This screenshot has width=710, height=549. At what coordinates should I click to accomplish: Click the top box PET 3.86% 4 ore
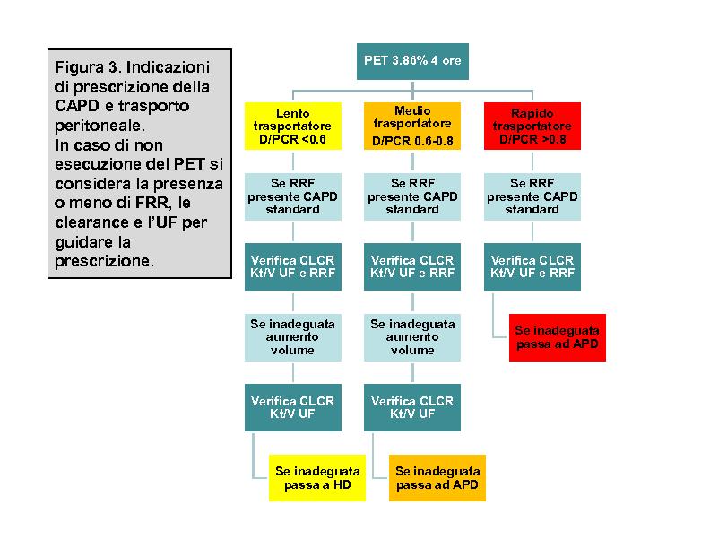[x=412, y=61]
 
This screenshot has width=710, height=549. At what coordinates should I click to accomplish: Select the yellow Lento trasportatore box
[x=293, y=126]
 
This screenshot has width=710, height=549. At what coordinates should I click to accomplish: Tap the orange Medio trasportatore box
[x=412, y=126]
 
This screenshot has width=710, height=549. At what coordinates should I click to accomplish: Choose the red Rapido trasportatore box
[x=532, y=126]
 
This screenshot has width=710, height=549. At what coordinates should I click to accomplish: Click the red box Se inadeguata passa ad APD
[x=558, y=337]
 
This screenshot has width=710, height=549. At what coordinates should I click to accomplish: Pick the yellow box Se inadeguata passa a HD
[x=317, y=478]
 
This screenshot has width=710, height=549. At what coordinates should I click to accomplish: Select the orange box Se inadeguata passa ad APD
[x=437, y=478]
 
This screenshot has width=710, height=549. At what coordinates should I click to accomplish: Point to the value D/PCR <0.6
[x=292, y=139]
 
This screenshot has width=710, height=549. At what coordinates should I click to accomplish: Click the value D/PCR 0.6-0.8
[x=412, y=142]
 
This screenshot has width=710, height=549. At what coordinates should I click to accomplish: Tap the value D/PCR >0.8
[x=532, y=139]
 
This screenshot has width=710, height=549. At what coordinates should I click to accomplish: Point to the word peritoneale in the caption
[x=100, y=126]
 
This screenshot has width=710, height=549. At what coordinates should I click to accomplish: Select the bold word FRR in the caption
[x=152, y=202]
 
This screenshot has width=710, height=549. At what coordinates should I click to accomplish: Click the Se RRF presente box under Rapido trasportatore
[x=532, y=196]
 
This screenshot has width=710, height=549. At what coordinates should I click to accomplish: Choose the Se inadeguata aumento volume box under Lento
[x=293, y=337]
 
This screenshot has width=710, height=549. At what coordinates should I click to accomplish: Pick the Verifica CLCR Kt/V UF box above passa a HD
[x=293, y=407]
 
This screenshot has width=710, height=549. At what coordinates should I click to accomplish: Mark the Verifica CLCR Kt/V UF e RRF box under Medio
[x=412, y=266]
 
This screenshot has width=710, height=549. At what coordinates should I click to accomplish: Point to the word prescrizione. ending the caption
[x=105, y=261]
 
